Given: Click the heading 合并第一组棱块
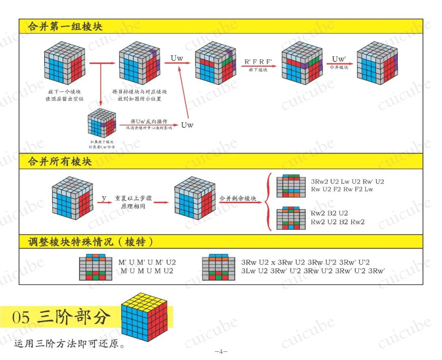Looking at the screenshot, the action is (65, 27).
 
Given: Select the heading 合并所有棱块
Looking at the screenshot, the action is (60, 161).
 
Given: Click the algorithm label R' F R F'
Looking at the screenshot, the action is (258, 62).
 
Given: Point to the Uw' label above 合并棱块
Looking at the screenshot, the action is (339, 59).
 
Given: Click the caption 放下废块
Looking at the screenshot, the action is (258, 70).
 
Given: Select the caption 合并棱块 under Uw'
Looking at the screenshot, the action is (339, 66).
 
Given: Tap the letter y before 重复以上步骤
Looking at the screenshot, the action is (104, 198).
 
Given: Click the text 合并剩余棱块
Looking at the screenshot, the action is (238, 199).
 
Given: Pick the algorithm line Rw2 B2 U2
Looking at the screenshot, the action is (329, 214).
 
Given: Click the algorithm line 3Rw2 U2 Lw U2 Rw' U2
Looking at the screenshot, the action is (347, 181).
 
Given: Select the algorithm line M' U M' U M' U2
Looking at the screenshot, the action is (147, 262).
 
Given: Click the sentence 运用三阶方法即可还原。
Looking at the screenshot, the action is (69, 343).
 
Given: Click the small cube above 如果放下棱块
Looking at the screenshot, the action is (100, 123).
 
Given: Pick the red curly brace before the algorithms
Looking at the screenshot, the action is (269, 201).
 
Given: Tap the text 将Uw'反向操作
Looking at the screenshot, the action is (149, 122).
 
